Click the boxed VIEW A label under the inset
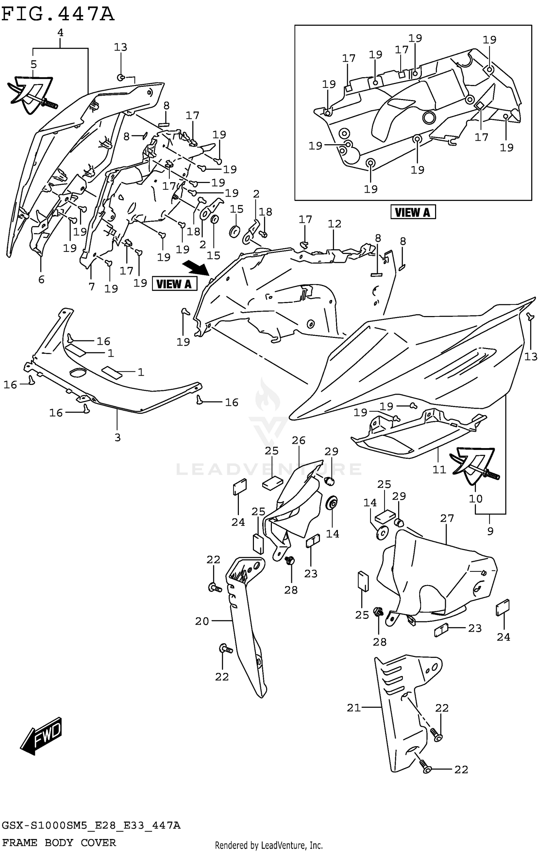(x=412, y=212)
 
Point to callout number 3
(x=117, y=437)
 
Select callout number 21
(x=353, y=708)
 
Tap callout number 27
(x=447, y=518)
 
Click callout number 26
(x=298, y=440)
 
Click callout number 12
(x=334, y=224)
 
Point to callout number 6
(x=41, y=279)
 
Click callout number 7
(x=91, y=286)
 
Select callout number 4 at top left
(x=60, y=33)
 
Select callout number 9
(x=490, y=531)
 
